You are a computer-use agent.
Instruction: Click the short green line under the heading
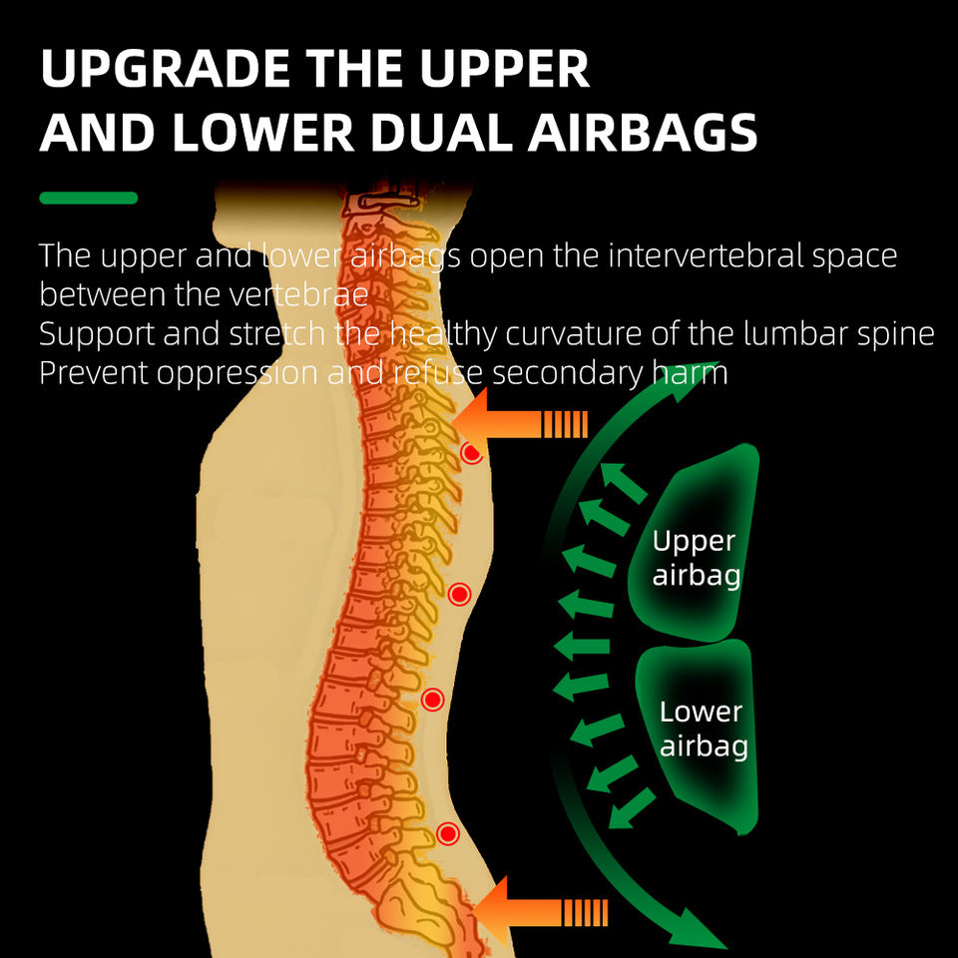tap(88, 198)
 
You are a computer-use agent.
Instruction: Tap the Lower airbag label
tap(703, 728)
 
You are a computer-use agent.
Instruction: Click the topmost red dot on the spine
tap(472, 453)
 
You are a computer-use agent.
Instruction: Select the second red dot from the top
tap(459, 595)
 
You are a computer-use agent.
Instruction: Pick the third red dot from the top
tap(432, 700)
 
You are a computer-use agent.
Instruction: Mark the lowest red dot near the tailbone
tap(447, 833)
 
